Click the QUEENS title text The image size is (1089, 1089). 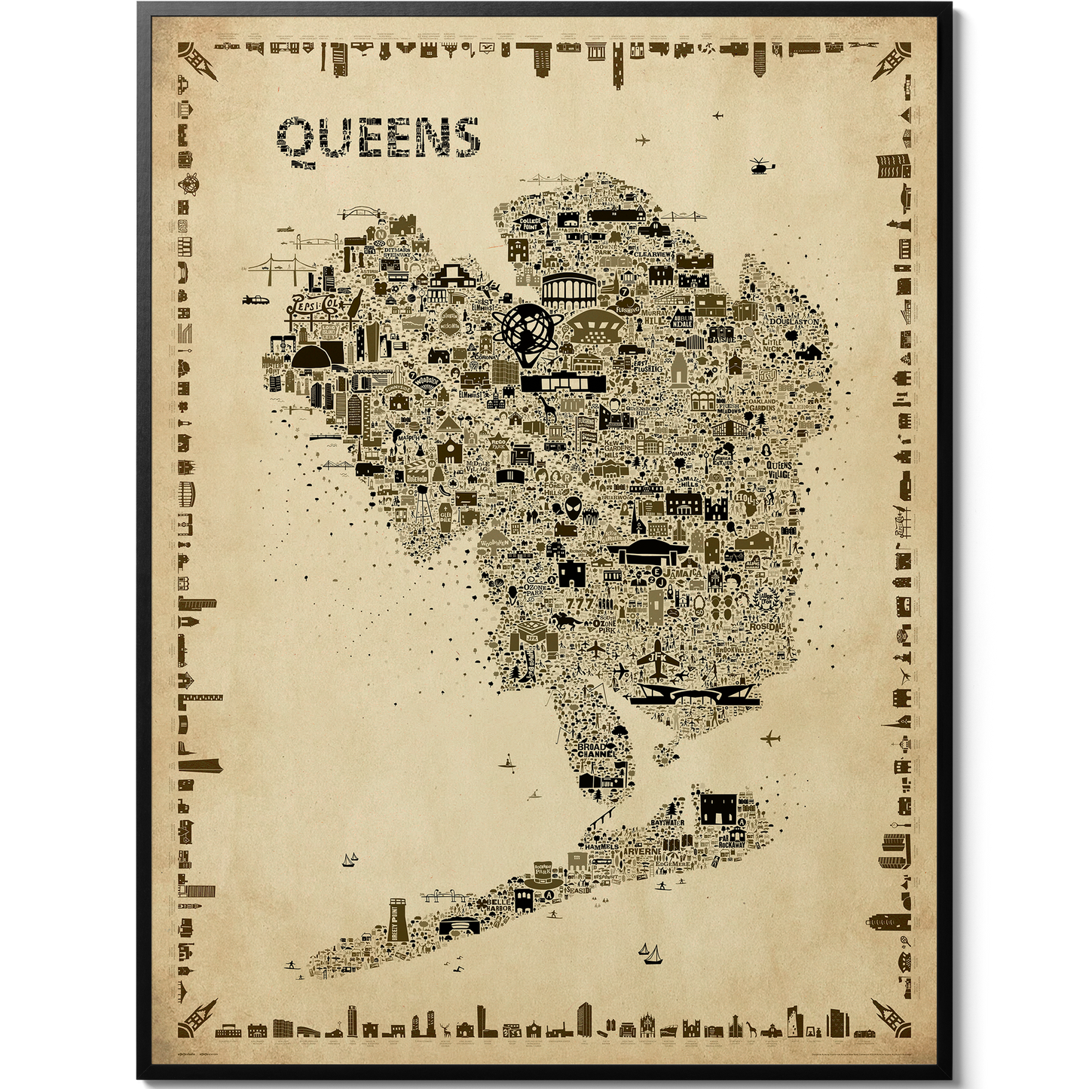pos(379,138)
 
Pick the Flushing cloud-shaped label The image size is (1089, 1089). pos(627,307)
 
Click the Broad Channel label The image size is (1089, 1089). pos(598,751)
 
